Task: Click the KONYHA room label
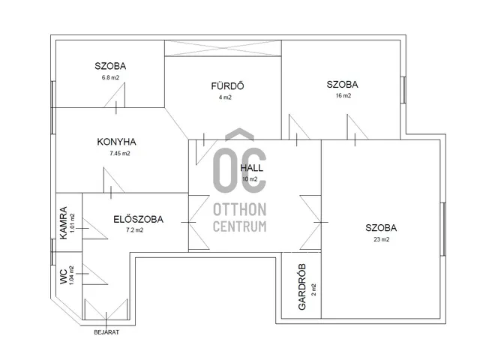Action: pyautogui.click(x=117, y=142)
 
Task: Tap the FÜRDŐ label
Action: pyautogui.click(x=227, y=85)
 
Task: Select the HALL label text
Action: pyautogui.click(x=252, y=168)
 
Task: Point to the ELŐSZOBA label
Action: pyautogui.click(x=138, y=219)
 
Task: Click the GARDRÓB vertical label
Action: pyautogui.click(x=301, y=286)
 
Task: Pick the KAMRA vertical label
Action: pyautogui.click(x=63, y=223)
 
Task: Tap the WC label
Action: pyautogui.click(x=63, y=277)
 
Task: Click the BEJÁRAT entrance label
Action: pyautogui.click(x=106, y=332)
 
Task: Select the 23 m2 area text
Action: pyautogui.click(x=382, y=239)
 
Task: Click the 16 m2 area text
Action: pyautogui.click(x=343, y=95)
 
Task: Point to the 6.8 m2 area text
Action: pyautogui.click(x=110, y=77)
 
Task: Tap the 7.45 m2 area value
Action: pyautogui.click(x=120, y=153)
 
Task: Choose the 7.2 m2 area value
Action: pyautogui.click(x=135, y=230)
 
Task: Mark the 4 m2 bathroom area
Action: pyautogui.click(x=225, y=97)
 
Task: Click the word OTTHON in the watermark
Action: pyautogui.click(x=240, y=210)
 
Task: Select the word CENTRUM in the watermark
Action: pyautogui.click(x=240, y=226)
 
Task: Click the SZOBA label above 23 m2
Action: pyautogui.click(x=381, y=228)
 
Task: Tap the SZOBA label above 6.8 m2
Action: pyautogui.click(x=110, y=66)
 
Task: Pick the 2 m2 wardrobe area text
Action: pyautogui.click(x=313, y=289)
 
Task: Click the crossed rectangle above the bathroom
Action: pyautogui.click(x=223, y=48)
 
